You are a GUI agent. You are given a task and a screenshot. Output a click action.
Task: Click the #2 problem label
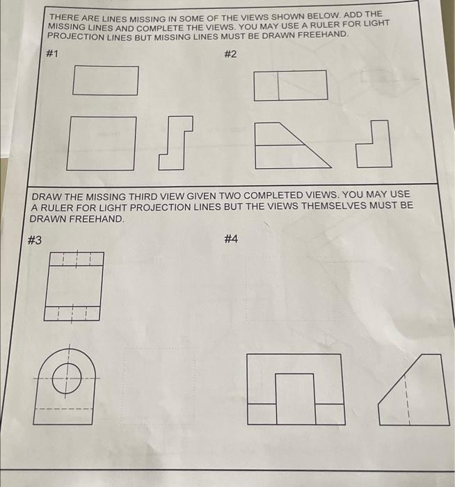tap(231, 55)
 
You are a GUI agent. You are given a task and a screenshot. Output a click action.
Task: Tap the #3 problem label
tap(34, 240)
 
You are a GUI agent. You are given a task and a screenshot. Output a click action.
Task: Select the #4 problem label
tap(231, 239)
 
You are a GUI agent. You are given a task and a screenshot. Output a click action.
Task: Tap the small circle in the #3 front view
tap(67, 376)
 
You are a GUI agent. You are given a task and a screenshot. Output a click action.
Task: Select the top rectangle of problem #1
tap(105, 80)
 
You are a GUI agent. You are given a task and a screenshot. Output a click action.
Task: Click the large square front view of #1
tap(101, 143)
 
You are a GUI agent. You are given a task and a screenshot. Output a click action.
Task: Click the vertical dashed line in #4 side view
tap(407, 404)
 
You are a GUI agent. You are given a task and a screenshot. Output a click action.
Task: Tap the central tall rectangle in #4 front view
tap(296, 399)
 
